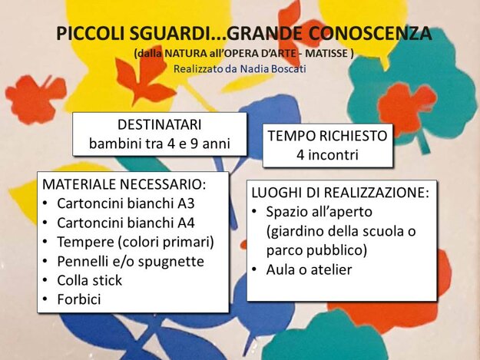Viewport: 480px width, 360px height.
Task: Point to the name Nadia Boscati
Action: click(x=273, y=69)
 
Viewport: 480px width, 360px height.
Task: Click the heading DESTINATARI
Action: click(x=160, y=125)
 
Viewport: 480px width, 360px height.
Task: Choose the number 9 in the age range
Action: click(x=194, y=144)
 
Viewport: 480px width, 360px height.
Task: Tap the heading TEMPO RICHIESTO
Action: click(x=327, y=136)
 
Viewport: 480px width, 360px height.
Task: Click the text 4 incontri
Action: click(x=327, y=155)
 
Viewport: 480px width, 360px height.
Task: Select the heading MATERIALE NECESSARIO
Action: click(x=124, y=184)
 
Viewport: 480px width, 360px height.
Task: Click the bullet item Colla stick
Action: click(x=90, y=280)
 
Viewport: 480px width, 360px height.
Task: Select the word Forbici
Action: click(x=79, y=299)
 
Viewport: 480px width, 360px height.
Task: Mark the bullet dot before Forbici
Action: click(x=45, y=299)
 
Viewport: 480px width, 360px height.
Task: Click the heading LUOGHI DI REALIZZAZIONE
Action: click(x=340, y=193)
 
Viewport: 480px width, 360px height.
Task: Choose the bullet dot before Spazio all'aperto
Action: click(x=254, y=211)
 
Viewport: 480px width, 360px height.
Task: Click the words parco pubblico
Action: click(x=316, y=250)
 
